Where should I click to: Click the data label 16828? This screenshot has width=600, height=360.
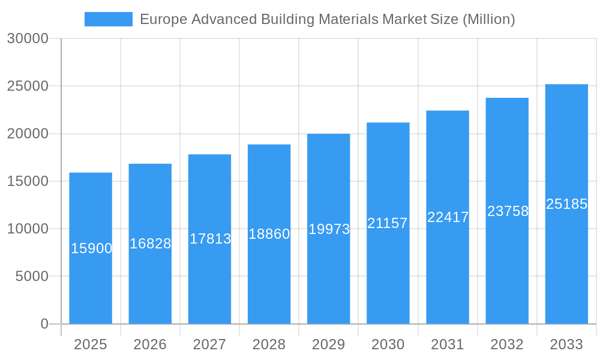coord(151,244)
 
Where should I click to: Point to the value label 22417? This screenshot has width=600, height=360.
coord(448,217)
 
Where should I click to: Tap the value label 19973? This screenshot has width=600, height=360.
coord(329,229)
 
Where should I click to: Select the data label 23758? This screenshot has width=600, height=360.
coord(508,211)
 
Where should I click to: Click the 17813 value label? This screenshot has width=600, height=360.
coord(210,239)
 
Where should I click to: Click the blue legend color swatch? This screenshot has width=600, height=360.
coord(109,19)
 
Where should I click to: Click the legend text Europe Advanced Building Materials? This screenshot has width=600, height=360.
coord(258,19)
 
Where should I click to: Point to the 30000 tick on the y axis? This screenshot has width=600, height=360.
coord(28,38)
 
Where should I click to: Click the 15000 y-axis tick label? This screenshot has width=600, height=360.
coord(28,181)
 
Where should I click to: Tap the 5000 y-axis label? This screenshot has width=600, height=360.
coord(31,277)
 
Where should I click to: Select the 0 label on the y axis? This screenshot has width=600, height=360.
coord(44,324)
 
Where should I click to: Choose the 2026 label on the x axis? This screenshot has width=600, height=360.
coord(150,344)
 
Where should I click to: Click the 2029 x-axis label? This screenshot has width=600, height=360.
coord(329,344)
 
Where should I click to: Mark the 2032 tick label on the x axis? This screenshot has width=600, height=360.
coord(507,344)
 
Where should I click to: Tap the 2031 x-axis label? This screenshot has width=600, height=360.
coord(448,344)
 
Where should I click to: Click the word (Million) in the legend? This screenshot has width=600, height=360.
coord(488,19)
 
